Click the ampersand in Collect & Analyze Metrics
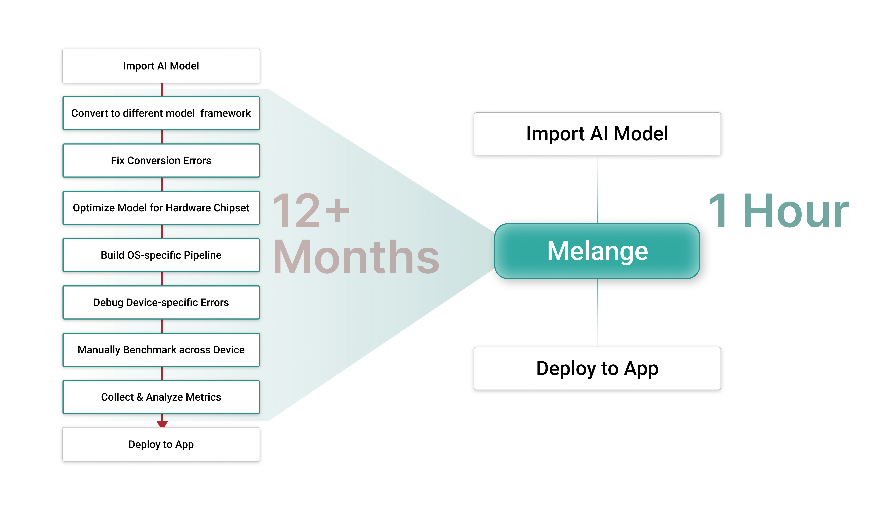point(139,397)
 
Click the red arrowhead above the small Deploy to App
point(162,424)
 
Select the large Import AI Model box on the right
point(597,134)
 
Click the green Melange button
point(597,251)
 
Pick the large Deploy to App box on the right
point(597,368)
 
